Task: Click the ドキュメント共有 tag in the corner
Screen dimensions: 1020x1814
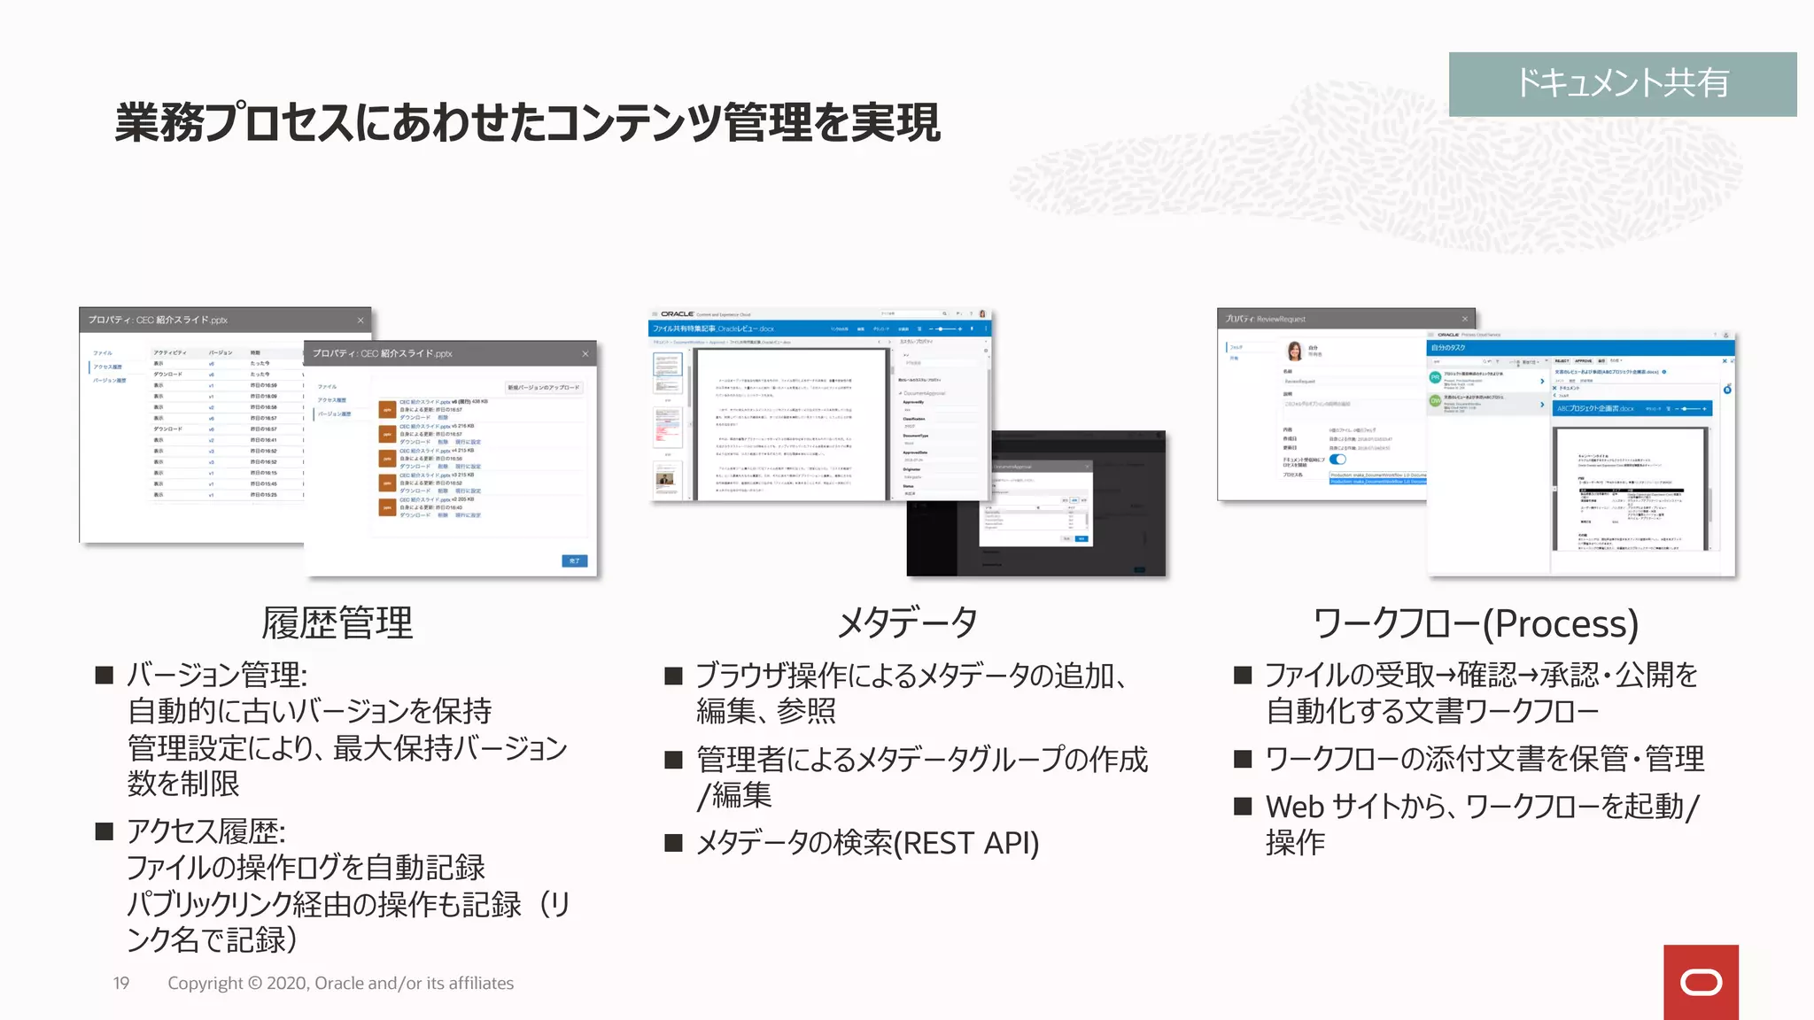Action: click(x=1622, y=83)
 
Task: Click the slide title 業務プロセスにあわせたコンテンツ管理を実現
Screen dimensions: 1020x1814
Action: click(x=527, y=122)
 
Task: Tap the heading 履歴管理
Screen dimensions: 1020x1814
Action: click(x=337, y=623)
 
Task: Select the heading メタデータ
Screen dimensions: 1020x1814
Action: click(x=907, y=623)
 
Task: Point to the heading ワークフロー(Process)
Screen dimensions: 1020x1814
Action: click(x=1475, y=623)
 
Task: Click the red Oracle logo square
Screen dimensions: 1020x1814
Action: click(x=1700, y=982)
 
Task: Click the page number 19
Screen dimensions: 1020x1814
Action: click(x=121, y=983)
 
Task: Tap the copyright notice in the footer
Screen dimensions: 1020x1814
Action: click(x=340, y=983)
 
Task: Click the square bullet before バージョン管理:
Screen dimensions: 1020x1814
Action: click(x=105, y=676)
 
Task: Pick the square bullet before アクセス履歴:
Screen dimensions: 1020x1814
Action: click(x=105, y=831)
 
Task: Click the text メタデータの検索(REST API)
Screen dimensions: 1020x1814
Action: click(x=867, y=843)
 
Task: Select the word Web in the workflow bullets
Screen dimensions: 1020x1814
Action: click(x=1294, y=807)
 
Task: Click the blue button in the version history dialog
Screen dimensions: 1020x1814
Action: click(x=574, y=560)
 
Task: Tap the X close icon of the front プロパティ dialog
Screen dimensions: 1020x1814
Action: click(x=585, y=354)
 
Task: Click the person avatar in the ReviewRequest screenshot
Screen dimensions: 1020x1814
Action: click(x=1294, y=352)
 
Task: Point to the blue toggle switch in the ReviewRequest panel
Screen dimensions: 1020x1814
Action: click(x=1337, y=460)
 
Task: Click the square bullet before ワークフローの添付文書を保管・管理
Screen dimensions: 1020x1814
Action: click(x=1243, y=759)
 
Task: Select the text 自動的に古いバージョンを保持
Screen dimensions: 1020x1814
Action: click(x=309, y=711)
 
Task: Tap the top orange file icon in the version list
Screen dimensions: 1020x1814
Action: click(x=387, y=409)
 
